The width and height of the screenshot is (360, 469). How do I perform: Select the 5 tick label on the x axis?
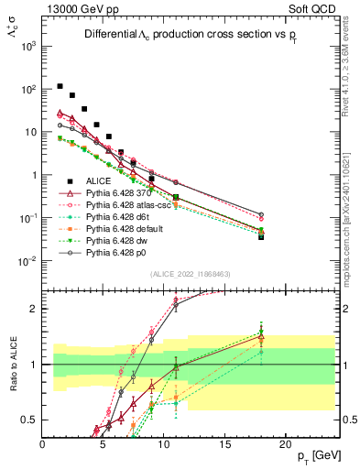(104, 443)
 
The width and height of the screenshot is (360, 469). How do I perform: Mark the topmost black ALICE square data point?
(60, 86)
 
